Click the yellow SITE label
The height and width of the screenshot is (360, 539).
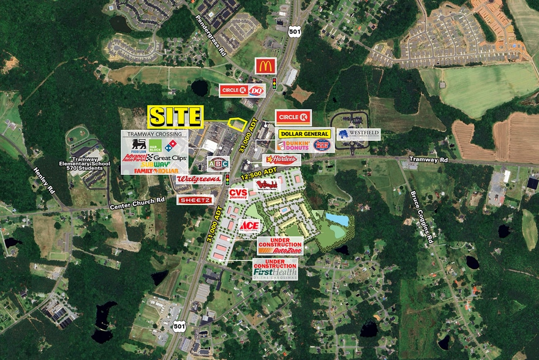coord(175,116)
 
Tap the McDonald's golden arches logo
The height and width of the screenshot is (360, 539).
coord(265,66)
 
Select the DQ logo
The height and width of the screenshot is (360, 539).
coord(255,91)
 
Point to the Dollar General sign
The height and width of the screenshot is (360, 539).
coord(304,133)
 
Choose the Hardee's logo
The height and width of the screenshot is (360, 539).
coord(282,160)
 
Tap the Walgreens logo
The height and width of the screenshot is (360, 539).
coord(198,179)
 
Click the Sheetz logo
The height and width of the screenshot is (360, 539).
coord(195,200)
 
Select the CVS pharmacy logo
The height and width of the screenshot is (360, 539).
coord(238,193)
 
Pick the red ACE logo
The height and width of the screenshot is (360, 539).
coord(249,226)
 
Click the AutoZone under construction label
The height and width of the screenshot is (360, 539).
coord(279,246)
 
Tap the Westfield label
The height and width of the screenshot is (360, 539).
coord(358,134)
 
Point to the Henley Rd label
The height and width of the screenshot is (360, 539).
coord(44,178)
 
